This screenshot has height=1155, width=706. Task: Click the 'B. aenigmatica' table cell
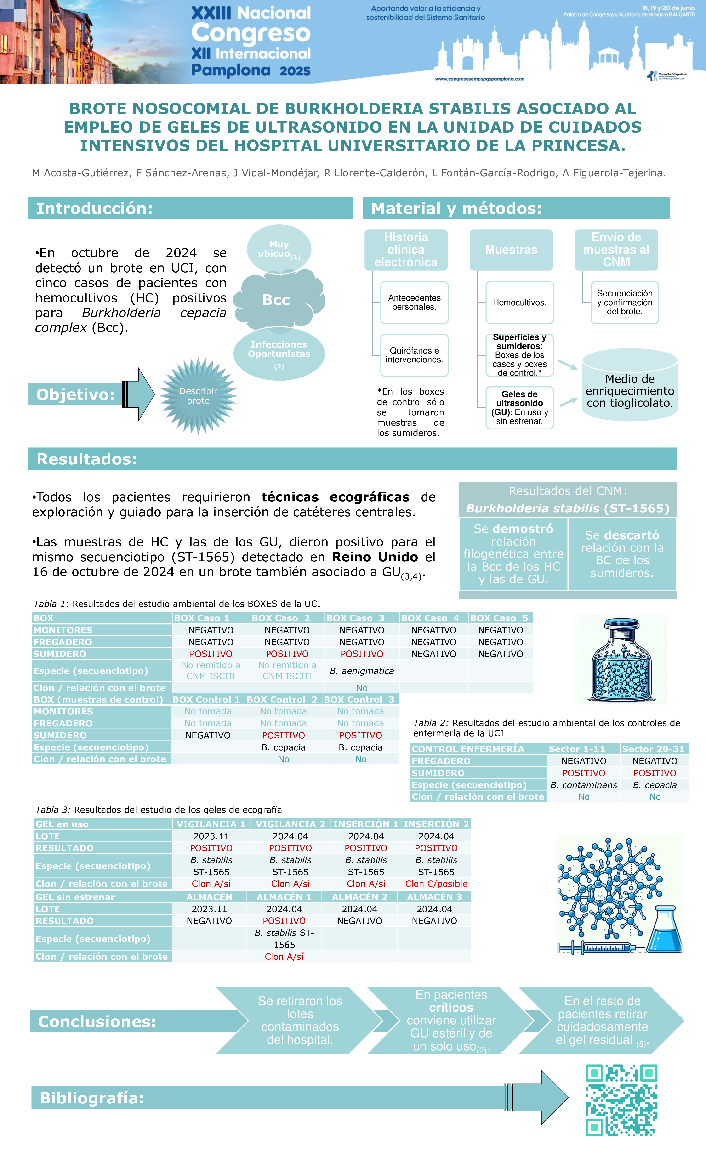[362, 671]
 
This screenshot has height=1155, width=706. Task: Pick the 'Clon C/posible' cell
[436, 884]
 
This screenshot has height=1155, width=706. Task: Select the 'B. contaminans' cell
[583, 785]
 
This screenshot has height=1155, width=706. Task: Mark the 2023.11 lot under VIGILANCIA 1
[211, 836]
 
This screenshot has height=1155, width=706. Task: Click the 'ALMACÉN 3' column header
[434, 897]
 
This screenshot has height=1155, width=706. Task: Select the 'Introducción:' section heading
[95, 208]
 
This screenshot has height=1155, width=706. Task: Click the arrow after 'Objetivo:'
[139, 394]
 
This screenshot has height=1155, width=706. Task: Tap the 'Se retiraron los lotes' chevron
[300, 1021]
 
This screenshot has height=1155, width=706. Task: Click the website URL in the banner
[479, 79]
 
